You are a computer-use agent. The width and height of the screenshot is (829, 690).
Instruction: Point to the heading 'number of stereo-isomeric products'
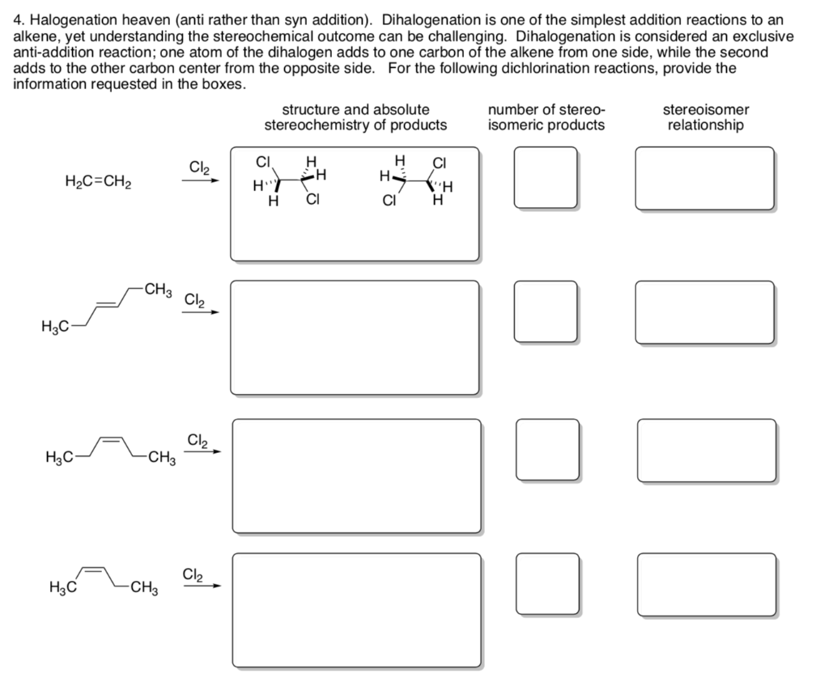tap(546, 117)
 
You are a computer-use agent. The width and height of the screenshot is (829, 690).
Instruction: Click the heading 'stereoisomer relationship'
tap(705, 117)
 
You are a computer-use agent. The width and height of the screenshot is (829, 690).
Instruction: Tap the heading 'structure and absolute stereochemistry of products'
tap(355, 117)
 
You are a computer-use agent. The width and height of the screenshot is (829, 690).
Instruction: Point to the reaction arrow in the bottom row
tap(200, 586)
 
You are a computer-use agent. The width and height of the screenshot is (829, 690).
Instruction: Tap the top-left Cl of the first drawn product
tap(262, 159)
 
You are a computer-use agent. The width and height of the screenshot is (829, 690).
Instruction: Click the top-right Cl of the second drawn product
tap(440, 160)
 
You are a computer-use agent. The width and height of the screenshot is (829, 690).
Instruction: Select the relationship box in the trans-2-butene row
tap(705, 311)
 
